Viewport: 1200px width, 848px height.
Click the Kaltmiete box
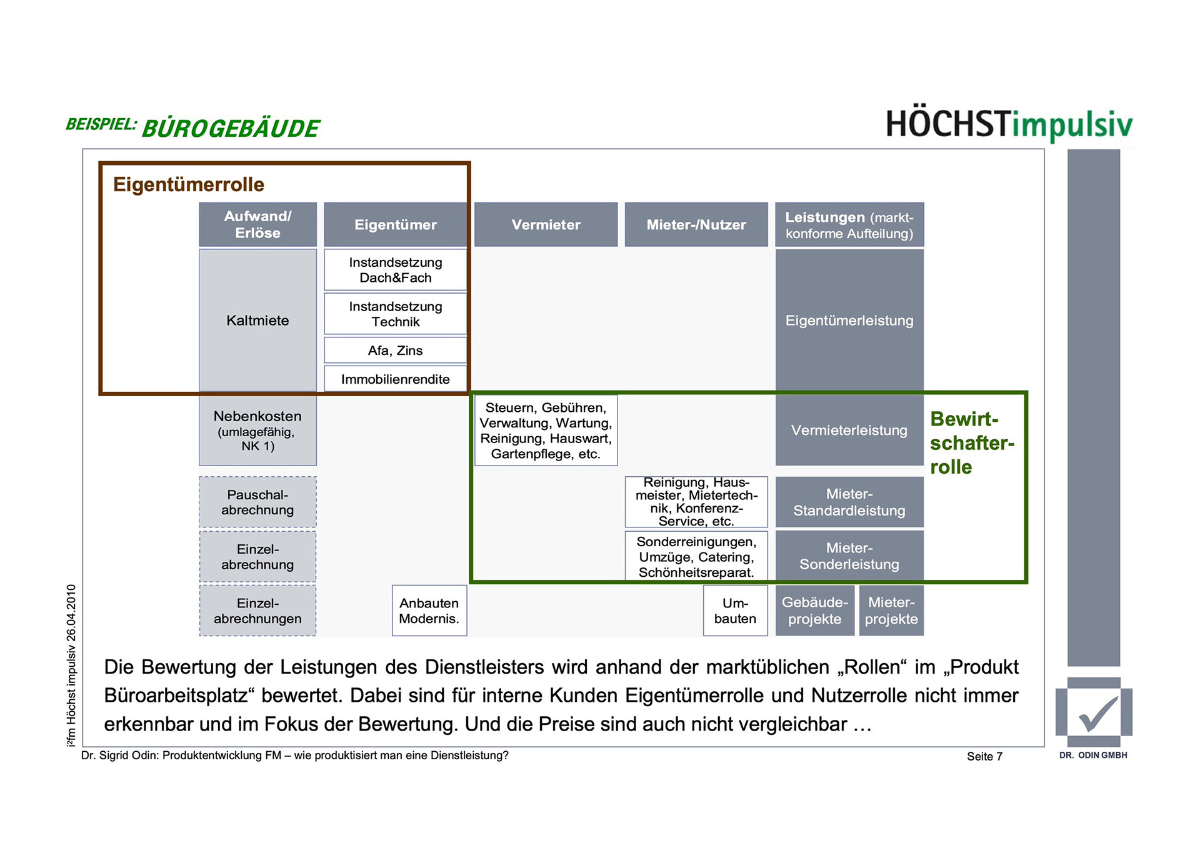coord(257,320)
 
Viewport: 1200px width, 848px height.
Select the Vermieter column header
coord(546,224)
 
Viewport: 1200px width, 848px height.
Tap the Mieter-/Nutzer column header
coord(696,224)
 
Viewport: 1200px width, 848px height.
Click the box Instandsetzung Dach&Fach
coord(395,270)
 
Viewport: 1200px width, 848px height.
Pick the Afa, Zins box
coord(395,351)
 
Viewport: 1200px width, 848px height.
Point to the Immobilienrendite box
coord(395,379)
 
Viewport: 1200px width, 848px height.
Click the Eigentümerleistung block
coord(849,320)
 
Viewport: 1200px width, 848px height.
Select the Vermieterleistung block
coord(849,430)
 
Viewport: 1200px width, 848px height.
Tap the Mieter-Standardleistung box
coord(849,502)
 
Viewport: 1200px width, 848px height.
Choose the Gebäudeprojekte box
coord(814,611)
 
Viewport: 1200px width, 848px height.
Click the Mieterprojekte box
coord(891,611)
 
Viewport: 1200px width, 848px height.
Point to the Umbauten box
coord(735,611)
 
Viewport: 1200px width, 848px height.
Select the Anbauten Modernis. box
coord(429,611)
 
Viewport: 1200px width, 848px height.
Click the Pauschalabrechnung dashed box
coord(257,502)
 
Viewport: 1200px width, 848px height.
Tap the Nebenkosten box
coord(257,430)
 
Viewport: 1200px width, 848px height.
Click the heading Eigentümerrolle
coord(189,184)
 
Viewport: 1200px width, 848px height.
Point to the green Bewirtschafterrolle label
coord(971,442)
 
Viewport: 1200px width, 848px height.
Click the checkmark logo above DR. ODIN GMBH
coord(1094,712)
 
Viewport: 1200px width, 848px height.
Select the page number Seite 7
coord(984,756)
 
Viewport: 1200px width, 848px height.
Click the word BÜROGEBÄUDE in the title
coord(231,128)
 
